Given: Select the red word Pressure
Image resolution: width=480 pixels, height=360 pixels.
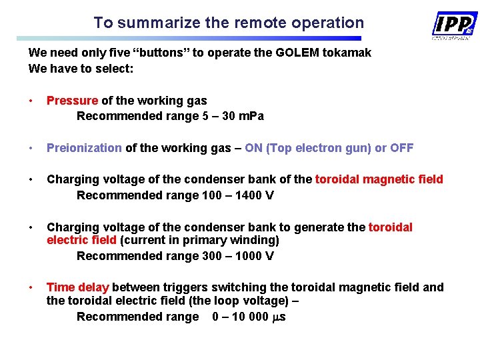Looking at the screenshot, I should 72,101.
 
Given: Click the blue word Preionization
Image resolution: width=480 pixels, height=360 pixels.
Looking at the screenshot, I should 84,148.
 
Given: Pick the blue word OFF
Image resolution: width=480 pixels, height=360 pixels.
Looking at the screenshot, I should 401,148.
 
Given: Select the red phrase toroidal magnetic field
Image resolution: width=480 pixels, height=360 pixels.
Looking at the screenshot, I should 379,179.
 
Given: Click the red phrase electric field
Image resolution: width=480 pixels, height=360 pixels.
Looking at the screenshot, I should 81,240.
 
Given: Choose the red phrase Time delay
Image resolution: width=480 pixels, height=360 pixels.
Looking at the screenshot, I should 77,287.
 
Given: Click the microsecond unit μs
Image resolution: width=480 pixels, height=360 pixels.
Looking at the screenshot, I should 280,317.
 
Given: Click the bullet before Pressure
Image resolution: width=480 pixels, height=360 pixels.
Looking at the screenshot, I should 31,101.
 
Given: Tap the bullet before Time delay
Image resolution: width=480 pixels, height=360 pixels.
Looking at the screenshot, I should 31,287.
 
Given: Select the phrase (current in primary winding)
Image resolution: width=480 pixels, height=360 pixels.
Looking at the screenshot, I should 199,240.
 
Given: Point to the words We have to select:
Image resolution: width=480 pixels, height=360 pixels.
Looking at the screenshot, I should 81,68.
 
